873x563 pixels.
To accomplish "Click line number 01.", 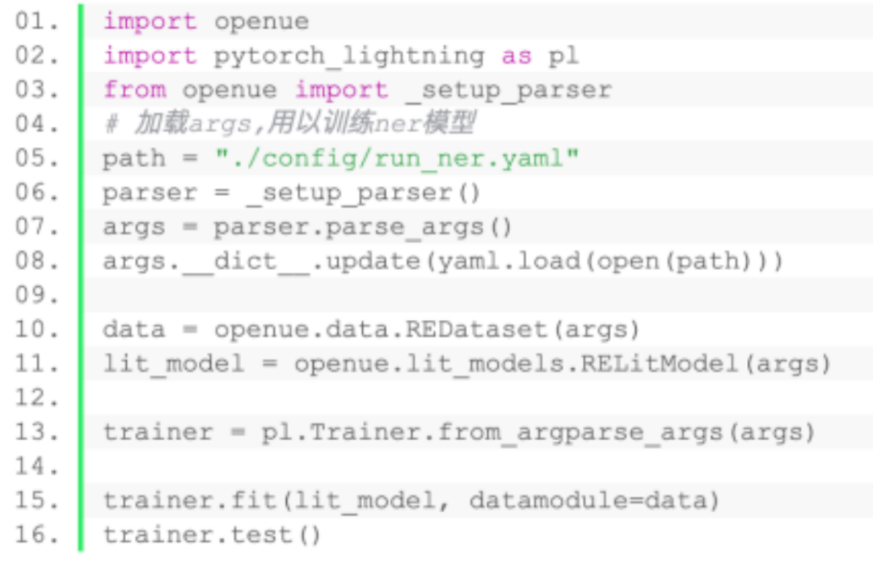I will [x=37, y=22].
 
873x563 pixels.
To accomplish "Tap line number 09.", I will [x=37, y=296].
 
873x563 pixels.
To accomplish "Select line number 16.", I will [x=37, y=535].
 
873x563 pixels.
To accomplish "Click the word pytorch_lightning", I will [x=348, y=57].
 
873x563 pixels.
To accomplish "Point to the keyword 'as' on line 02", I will [x=517, y=57].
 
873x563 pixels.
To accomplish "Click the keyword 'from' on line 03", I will [x=134, y=90].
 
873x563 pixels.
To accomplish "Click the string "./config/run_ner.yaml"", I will [x=397, y=158].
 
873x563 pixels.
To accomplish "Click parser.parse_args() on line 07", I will [x=363, y=227].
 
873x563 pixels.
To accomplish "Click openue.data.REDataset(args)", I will [x=427, y=330].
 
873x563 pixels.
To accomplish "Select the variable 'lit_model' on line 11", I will [x=174, y=364].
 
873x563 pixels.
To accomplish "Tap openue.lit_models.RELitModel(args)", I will [x=563, y=364].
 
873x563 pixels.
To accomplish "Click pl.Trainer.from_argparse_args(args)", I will [x=538, y=432].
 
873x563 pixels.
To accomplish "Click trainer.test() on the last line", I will [x=213, y=535].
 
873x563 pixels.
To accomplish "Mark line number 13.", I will [x=37, y=432].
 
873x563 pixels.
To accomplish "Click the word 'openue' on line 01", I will [x=261, y=22].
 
